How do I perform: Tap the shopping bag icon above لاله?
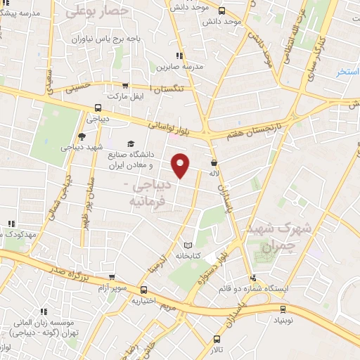213,162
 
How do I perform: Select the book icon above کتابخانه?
186,245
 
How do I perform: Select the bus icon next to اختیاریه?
143,290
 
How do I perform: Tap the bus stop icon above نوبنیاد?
283,308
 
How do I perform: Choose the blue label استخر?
347,72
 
